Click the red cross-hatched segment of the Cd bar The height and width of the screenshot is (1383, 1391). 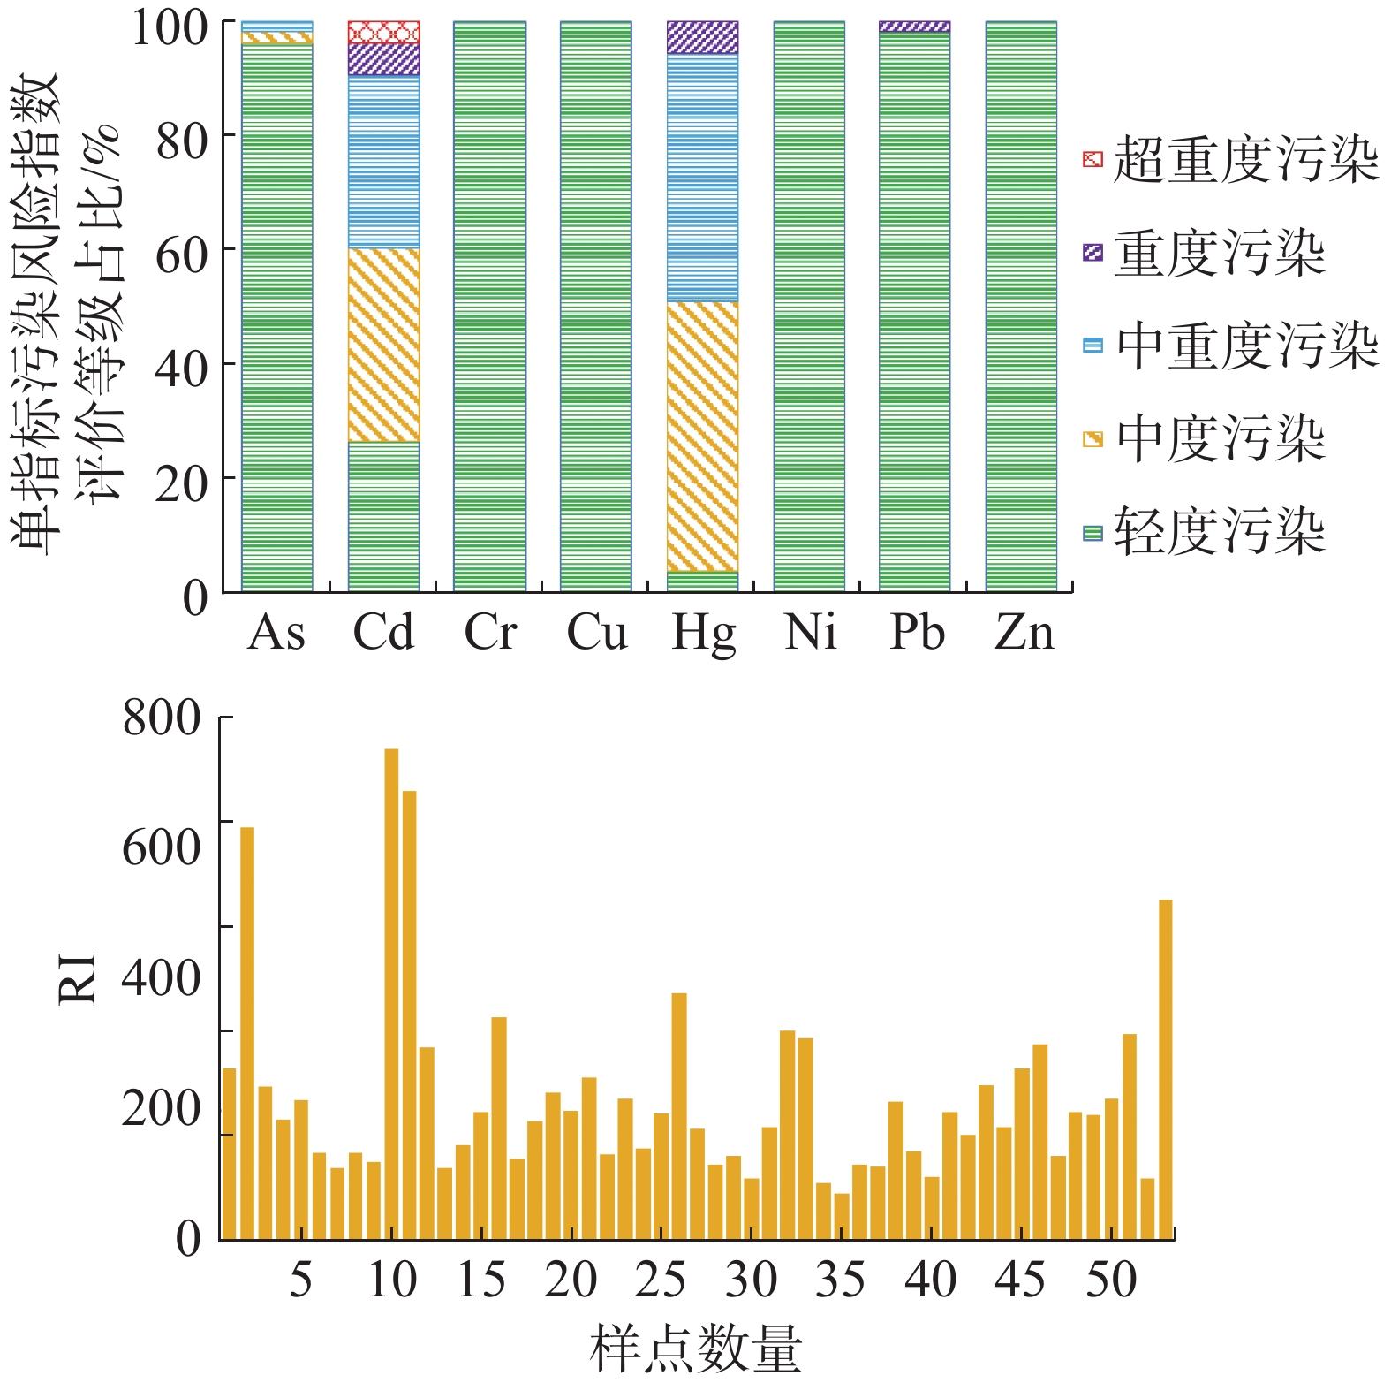(383, 32)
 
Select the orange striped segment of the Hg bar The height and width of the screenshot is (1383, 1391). (702, 437)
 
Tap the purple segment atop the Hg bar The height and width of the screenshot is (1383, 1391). (702, 37)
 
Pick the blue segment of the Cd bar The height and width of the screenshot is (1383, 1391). (383, 161)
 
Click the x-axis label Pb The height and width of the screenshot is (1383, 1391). (917, 633)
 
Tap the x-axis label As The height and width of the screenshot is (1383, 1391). (276, 633)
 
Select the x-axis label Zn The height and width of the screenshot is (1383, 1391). (1024, 633)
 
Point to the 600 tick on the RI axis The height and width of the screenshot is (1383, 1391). (162, 846)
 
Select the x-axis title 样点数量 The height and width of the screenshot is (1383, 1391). (695, 1349)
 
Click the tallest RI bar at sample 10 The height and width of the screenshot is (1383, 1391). (391, 993)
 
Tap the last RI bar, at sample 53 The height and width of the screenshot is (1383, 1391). (1165, 1069)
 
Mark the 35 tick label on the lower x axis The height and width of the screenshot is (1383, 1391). (840, 1280)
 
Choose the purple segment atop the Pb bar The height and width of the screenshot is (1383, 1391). (915, 27)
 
